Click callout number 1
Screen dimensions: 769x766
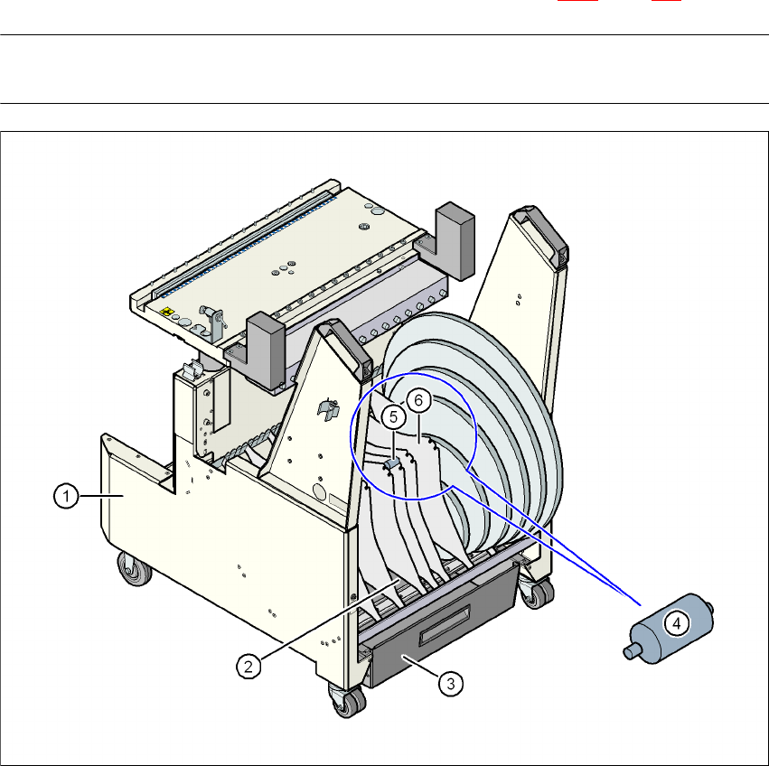pos(66,496)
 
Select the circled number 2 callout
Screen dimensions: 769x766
pos(249,667)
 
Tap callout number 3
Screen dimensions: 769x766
pos(451,683)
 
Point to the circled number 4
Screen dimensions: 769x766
pos(677,624)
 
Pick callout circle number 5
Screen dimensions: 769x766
pos(393,416)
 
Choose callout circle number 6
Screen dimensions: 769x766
pos(418,400)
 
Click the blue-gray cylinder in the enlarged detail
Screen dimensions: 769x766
pos(669,628)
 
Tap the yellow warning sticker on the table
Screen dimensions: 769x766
pos(167,312)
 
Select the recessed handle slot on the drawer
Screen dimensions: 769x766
pos(445,624)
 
